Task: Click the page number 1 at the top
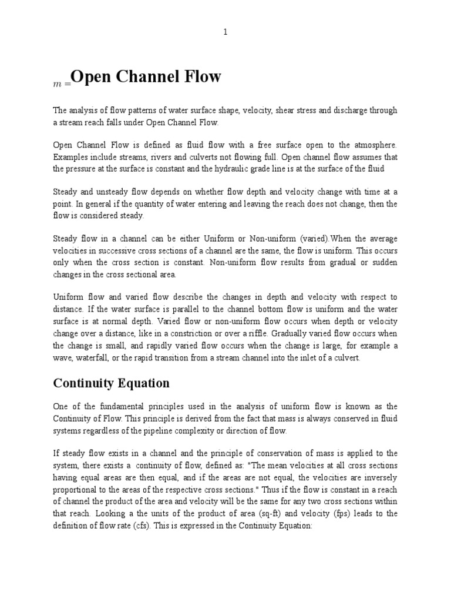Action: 225,32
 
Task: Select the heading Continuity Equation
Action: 112,383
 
